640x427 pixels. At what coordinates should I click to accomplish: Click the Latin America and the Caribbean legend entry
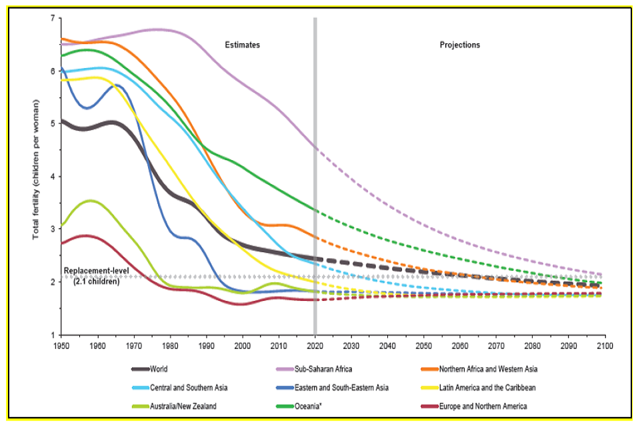(x=489, y=387)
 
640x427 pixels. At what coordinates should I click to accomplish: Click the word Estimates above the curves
(x=242, y=45)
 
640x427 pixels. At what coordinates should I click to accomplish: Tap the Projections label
(x=459, y=45)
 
